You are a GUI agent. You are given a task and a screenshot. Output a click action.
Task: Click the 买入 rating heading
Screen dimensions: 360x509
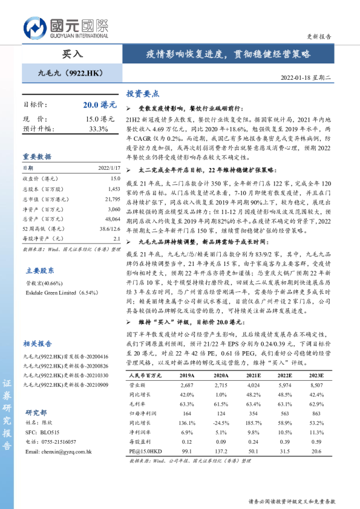(72, 54)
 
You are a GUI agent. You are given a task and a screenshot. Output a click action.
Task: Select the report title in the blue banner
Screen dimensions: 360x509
(228, 54)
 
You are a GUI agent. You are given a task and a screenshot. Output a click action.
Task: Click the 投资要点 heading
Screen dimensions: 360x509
(142, 94)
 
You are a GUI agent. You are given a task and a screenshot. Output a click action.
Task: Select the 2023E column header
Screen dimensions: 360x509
(316, 375)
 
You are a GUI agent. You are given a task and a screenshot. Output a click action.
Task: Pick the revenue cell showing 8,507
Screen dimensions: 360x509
(316, 384)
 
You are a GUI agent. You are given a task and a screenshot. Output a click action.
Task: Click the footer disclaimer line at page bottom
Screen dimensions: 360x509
(292, 501)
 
